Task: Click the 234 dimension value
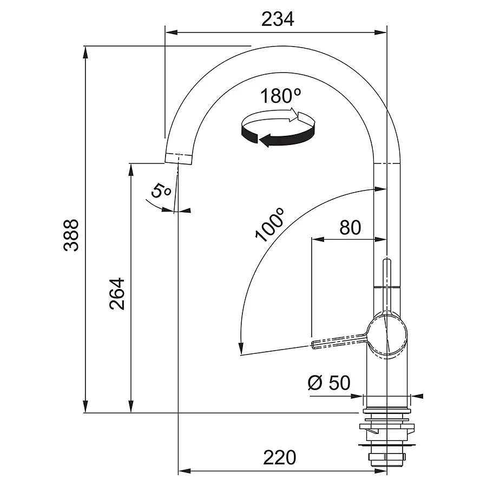coord(278,19)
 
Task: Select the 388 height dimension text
coord(71,235)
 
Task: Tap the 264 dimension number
coord(117,293)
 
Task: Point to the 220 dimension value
coord(280,457)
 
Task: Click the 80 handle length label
coord(350,228)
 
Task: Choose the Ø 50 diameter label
coord(329,383)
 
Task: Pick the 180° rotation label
coord(280,96)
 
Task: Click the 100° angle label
coord(269,225)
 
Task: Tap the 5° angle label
coord(161,190)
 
